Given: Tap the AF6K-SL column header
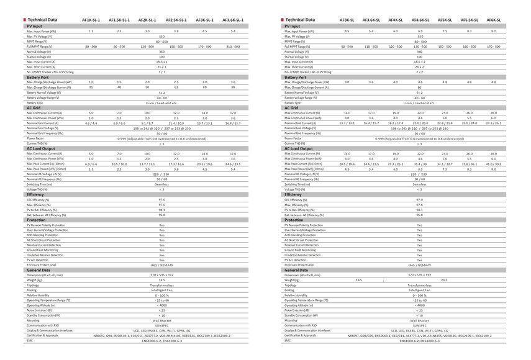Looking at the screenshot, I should coord(493,20).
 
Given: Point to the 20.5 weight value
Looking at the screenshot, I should coord(444,281).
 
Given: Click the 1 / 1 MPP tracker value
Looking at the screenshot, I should coord(161,73).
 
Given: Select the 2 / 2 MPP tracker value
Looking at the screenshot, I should coord(420,73).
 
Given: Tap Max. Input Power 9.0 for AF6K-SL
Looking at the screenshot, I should coord(493,30).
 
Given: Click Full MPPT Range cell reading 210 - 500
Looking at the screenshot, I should coord(233,47).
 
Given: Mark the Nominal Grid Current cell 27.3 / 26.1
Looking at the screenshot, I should coord(493,123).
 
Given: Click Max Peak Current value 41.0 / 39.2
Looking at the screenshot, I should coord(493,164).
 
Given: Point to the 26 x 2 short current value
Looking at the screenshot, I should coord(420,67).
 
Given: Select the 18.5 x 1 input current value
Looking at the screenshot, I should coord(161,62).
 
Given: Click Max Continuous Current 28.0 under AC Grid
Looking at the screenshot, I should coord(493,113).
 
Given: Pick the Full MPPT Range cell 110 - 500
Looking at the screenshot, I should coord(371,47).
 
